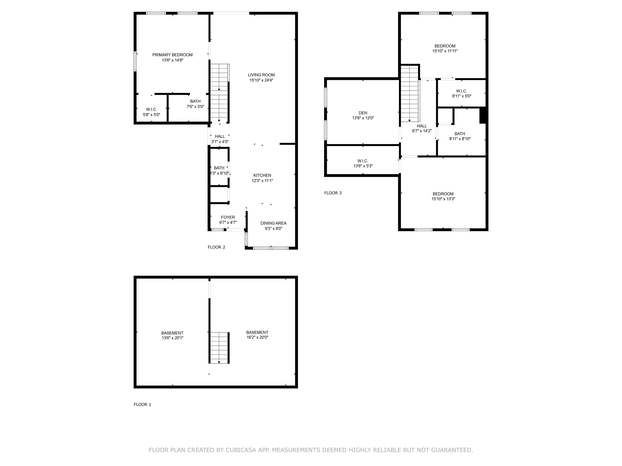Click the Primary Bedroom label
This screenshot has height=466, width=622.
point(172,55)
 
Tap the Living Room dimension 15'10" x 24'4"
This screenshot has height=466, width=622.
point(261,80)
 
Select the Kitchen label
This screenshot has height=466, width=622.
point(262,176)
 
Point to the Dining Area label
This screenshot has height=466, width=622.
point(273,223)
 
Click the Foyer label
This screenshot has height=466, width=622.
point(228,217)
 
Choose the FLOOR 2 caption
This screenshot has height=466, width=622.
point(216,247)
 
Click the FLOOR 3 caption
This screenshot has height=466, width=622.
point(333,193)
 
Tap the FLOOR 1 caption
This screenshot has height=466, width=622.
point(142,405)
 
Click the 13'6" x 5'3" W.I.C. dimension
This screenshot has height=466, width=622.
point(363,166)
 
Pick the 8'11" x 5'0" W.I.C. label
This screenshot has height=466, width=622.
point(461,93)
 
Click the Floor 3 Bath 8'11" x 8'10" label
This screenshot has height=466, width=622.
point(460,136)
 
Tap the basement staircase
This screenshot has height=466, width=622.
point(219,348)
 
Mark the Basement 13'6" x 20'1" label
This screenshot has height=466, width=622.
point(172,335)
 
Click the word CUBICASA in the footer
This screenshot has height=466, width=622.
point(241,450)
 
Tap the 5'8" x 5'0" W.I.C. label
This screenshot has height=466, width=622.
point(151,112)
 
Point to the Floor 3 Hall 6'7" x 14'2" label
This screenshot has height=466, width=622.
point(422,128)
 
